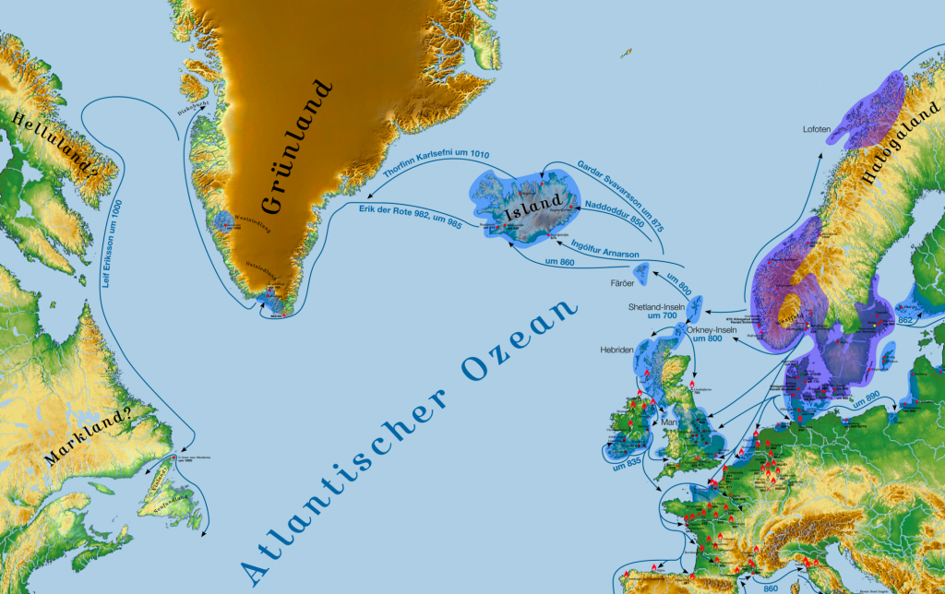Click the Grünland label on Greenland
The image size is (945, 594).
pos(297,148)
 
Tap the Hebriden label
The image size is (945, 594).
pos(616,351)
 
